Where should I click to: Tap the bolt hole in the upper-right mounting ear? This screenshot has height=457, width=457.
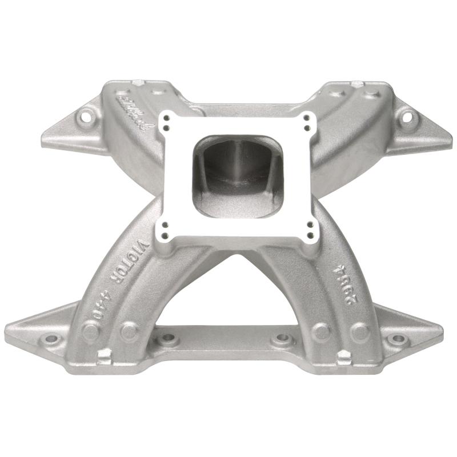coord(407,118)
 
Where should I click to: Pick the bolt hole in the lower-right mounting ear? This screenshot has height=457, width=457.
coord(396,339)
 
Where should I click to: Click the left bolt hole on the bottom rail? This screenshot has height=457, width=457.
coord(168,340)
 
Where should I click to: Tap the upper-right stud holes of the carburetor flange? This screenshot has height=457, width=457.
coord(310,121)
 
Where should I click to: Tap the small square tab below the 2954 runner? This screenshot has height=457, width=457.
coord(343,358)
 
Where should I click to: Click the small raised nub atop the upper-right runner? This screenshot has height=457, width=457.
coord(358,84)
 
